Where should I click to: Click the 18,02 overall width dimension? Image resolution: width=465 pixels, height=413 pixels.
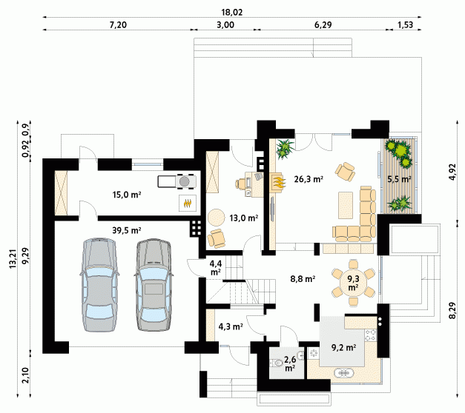(232, 12)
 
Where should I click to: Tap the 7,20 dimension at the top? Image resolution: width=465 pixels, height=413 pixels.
(118, 25)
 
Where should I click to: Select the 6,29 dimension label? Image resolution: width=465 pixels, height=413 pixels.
(323, 25)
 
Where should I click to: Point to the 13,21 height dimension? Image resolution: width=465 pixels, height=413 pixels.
(13, 259)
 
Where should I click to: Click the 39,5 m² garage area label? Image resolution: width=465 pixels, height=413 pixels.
(127, 230)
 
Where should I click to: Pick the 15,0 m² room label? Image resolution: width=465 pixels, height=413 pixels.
(127, 195)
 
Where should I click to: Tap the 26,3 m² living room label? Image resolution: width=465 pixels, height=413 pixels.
(309, 179)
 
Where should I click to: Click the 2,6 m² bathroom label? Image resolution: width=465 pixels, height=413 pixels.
(290, 363)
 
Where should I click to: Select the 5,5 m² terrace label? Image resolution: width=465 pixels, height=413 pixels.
(399, 179)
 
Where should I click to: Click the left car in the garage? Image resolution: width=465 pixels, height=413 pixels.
(99, 284)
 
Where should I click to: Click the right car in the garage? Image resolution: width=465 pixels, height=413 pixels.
(154, 284)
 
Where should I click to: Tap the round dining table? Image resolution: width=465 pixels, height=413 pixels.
(353, 283)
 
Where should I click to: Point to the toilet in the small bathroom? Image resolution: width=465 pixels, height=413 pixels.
(277, 363)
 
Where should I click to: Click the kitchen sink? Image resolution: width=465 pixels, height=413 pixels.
(344, 373)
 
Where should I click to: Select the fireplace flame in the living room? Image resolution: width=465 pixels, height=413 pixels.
(279, 182)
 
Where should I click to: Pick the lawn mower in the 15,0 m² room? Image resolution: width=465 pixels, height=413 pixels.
(177, 181)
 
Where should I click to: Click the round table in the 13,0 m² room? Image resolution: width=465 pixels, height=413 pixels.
(217, 218)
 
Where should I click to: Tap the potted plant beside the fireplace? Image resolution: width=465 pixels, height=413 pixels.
(286, 149)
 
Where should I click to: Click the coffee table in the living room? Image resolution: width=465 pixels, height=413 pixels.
(346, 205)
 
